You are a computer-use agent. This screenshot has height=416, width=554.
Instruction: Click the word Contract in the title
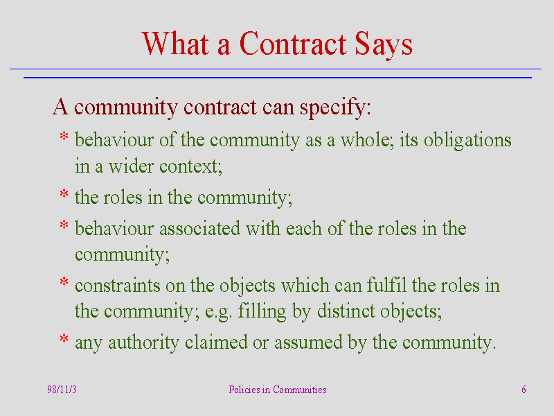coord(293,43)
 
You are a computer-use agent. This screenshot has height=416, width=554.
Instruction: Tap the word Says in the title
coord(384,44)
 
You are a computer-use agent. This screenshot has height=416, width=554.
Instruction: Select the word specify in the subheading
coord(332,107)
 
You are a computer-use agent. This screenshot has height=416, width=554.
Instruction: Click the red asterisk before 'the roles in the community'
coord(64,194)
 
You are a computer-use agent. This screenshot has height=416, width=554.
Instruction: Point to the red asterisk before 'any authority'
coord(64,339)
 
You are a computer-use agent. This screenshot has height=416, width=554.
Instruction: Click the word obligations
coord(467,141)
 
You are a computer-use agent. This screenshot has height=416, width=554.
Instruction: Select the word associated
coord(200,229)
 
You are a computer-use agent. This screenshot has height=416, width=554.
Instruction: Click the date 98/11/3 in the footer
coord(62,390)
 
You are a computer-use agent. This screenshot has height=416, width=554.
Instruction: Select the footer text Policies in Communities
coord(278,390)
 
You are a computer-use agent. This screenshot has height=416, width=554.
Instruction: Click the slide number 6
coord(524,390)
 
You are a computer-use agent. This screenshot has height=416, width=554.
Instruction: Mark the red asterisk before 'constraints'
coord(64,282)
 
